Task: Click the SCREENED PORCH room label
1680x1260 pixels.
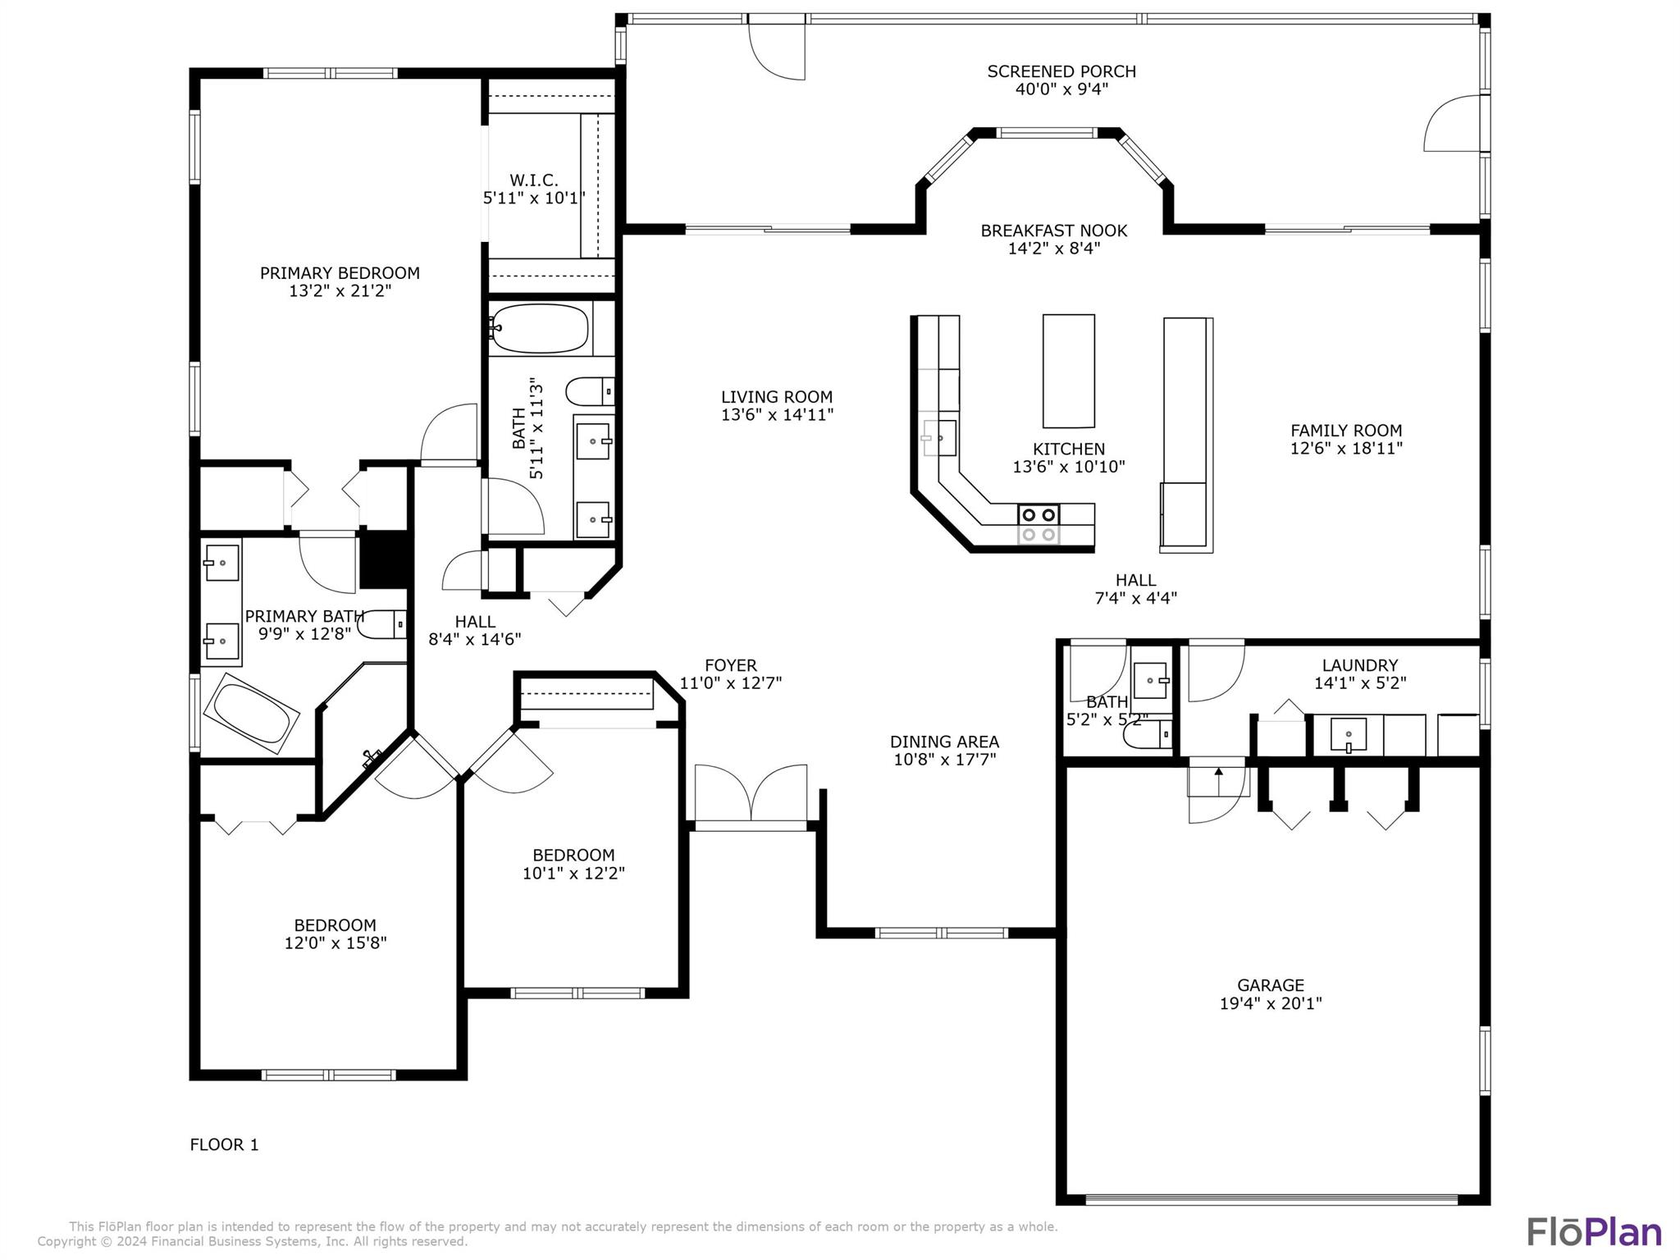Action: [x=1061, y=72]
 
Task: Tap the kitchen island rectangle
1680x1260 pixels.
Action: [x=1068, y=371]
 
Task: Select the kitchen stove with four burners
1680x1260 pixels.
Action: [x=1038, y=525]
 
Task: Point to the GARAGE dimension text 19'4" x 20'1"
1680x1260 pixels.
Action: [x=1270, y=1003]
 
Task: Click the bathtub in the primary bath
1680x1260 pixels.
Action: [x=251, y=713]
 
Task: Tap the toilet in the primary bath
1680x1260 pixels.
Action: [x=382, y=625]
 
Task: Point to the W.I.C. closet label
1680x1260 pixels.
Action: [x=533, y=180]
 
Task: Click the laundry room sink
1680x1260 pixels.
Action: [x=1348, y=735]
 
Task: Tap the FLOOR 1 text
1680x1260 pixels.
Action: [x=224, y=1144]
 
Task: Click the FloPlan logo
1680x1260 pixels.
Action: [x=1593, y=1231]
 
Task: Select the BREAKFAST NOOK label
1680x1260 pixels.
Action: [x=1053, y=231]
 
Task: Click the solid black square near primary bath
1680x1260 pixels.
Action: [x=384, y=559]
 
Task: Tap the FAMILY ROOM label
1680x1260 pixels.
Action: [x=1345, y=431]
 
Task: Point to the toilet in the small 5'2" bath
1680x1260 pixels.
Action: [x=1147, y=735]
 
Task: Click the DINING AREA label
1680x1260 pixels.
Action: [x=944, y=742]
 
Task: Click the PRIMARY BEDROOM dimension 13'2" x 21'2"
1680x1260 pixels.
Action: [x=340, y=290]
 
